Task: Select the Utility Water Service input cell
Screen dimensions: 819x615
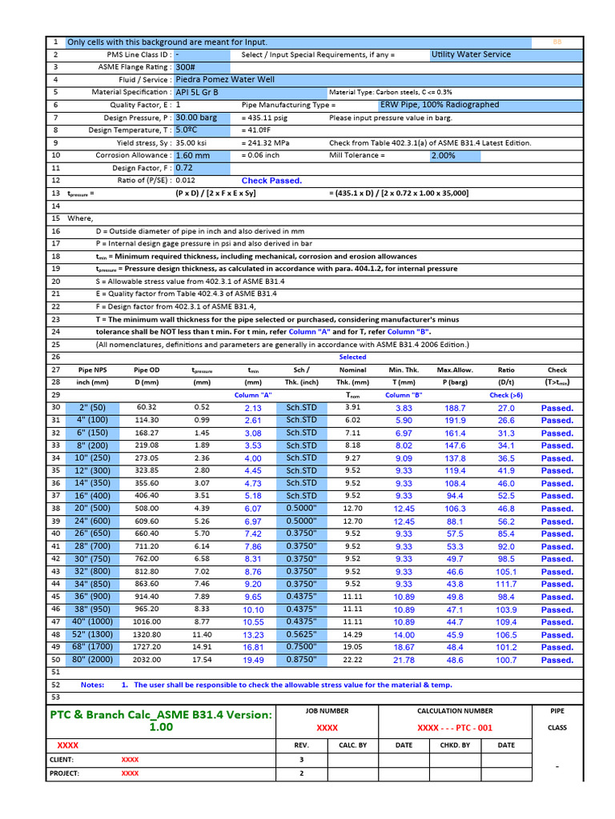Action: tap(470, 54)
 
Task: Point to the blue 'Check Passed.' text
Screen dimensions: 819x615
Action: tap(271, 181)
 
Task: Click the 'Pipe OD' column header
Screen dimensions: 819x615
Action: tap(147, 370)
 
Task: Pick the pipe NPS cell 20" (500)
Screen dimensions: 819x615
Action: tap(91, 509)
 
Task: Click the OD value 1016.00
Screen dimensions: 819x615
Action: tap(147, 621)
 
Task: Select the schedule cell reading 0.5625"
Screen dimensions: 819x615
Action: tap(302, 634)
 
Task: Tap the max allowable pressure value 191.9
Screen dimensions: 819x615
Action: tap(455, 420)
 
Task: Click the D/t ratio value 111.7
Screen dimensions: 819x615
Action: tap(506, 584)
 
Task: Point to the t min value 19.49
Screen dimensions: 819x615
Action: tap(253, 660)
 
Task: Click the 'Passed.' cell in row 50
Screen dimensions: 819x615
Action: tap(557, 660)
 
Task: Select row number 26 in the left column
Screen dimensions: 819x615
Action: tap(56, 357)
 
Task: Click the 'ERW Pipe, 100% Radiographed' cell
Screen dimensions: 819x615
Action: tap(439, 105)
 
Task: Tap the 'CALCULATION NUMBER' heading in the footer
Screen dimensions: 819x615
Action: tap(455, 710)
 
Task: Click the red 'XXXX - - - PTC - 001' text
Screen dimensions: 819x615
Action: tap(455, 728)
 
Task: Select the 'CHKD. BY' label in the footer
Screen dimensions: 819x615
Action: tap(455, 745)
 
